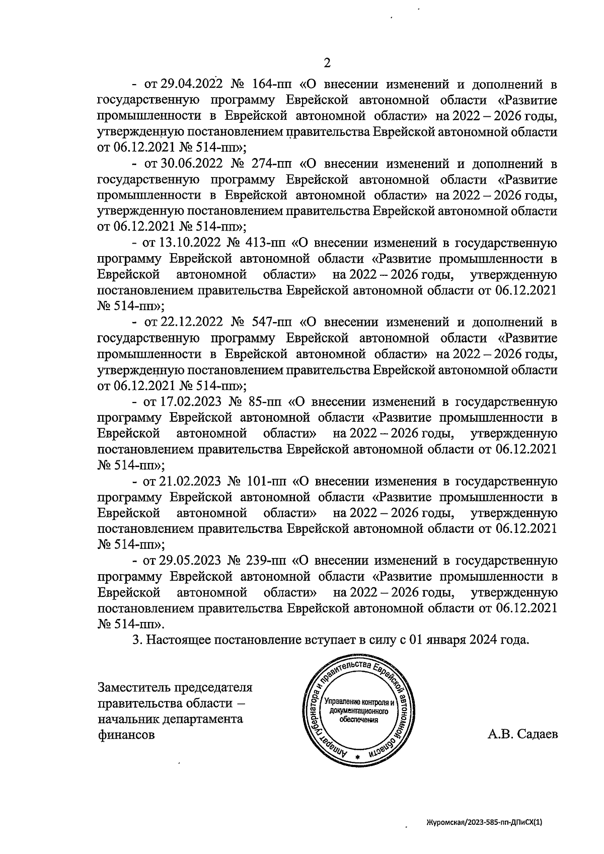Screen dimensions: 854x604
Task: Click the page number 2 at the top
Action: pos(327,63)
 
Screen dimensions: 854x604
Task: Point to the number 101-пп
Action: pos(267,482)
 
